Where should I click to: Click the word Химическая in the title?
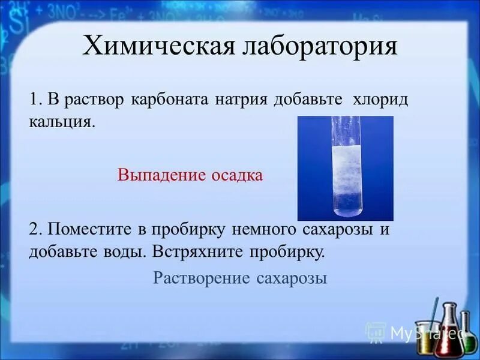pos(158,47)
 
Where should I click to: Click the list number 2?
pos(35,229)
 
